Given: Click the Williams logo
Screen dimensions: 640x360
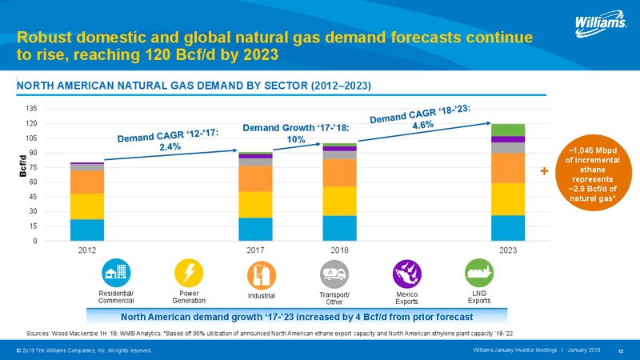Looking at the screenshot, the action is (x=601, y=24).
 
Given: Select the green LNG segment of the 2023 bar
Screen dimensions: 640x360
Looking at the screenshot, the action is (x=508, y=130).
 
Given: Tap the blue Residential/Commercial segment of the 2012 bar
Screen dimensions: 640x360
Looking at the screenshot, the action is (x=87, y=230).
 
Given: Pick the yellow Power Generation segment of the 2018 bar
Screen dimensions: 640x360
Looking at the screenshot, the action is (x=339, y=202).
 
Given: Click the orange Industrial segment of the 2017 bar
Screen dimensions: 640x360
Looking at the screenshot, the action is (x=255, y=178).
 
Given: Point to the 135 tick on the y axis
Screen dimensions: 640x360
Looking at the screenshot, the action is (x=32, y=109).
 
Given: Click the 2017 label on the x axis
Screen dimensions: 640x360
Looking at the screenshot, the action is (x=255, y=250).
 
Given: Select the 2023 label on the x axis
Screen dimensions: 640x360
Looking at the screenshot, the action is (x=508, y=250).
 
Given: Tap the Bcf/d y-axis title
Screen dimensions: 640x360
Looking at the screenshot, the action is (x=23, y=166).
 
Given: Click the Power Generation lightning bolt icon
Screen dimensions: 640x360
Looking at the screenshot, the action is (x=189, y=273).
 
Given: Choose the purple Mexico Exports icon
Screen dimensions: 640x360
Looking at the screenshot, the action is (x=407, y=274).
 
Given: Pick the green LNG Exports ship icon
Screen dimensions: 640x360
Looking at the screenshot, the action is (x=479, y=273).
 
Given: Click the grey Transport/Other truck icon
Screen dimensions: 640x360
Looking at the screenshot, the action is (x=334, y=274).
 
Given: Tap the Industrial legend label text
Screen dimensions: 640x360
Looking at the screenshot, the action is (x=262, y=296).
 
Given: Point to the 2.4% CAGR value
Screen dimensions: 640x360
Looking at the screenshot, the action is (x=170, y=146).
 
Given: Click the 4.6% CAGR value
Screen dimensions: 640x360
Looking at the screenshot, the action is (x=423, y=125).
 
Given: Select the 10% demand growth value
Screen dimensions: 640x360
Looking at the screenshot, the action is (x=296, y=139).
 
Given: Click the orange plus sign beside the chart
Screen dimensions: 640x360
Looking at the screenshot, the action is (x=544, y=171).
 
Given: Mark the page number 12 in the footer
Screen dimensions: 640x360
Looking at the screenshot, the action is (x=621, y=351).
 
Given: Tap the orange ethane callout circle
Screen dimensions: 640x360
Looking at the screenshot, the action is (x=593, y=173).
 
